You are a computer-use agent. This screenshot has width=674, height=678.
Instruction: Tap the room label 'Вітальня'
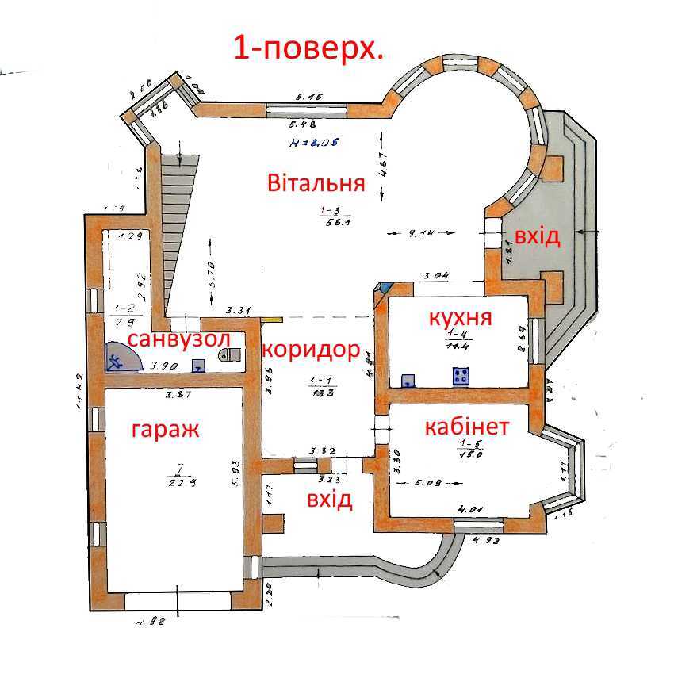(x=316, y=183)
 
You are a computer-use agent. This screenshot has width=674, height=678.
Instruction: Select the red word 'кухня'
(x=460, y=318)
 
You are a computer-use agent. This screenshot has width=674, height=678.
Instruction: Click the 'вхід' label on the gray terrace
(x=537, y=236)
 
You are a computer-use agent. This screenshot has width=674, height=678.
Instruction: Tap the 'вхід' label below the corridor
(x=329, y=500)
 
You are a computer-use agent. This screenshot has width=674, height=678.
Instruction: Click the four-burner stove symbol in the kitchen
(x=461, y=376)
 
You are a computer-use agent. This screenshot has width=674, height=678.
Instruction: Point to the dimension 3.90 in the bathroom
(x=163, y=367)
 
